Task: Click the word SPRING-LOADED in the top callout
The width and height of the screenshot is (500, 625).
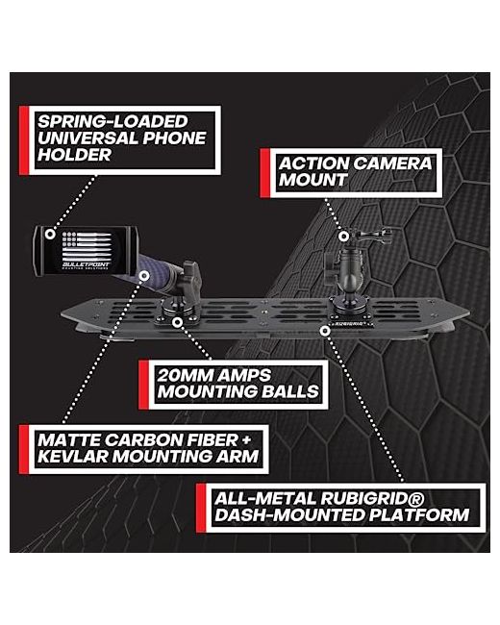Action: click(x=112, y=121)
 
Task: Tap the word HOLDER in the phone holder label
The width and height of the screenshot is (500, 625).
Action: click(x=74, y=155)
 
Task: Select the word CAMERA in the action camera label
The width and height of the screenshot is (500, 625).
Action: click(x=392, y=163)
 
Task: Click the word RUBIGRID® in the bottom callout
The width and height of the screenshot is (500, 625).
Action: click(x=372, y=499)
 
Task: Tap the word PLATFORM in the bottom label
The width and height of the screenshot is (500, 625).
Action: click(x=418, y=515)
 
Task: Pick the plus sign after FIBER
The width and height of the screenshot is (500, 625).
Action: click(x=246, y=440)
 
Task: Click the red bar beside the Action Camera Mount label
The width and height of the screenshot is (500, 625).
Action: click(x=264, y=173)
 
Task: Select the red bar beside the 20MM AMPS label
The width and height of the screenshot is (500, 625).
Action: click(x=143, y=385)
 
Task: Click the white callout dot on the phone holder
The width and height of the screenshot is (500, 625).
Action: click(x=50, y=234)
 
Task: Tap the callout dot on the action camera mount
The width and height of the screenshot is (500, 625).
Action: click(x=343, y=237)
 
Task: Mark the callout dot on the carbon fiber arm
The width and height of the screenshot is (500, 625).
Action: click(x=144, y=275)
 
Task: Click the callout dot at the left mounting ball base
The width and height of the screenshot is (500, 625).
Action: click(x=178, y=322)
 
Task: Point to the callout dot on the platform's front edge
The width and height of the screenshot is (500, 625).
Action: click(x=325, y=331)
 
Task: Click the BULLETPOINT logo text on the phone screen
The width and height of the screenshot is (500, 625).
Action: click(x=87, y=264)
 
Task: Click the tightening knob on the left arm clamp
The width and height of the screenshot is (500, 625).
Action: click(x=191, y=272)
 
